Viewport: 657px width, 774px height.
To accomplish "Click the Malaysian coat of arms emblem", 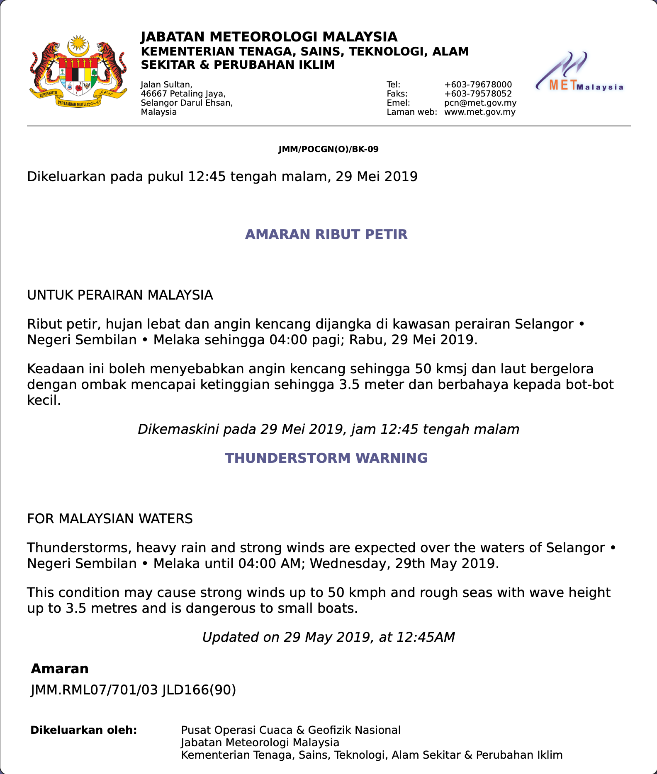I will [78, 72].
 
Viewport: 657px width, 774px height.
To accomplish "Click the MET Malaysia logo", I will [579, 72].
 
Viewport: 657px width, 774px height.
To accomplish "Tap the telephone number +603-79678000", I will [478, 85].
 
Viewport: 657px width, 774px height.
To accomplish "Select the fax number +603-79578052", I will [478, 94].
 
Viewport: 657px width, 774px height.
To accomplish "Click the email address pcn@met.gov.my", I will [480, 103].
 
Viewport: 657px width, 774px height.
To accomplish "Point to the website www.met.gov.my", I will [479, 112].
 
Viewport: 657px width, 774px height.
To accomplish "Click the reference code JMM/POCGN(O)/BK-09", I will [328, 149].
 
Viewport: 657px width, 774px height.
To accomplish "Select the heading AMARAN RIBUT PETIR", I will [326, 235].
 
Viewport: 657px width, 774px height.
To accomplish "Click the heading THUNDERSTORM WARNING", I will [326, 458].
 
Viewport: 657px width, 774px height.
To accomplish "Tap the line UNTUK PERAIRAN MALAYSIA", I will [120, 295].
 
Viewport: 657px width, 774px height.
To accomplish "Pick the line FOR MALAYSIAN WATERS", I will [110, 519].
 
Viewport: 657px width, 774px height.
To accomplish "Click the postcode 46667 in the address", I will [154, 94].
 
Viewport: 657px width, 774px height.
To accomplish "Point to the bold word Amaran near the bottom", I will [60, 669].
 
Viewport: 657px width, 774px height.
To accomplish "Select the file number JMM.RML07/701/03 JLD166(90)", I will [133, 689].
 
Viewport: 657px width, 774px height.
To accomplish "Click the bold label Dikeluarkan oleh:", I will [84, 730].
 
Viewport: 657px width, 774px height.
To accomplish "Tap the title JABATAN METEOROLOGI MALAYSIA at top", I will [269, 37].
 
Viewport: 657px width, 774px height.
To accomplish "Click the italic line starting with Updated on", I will [328, 637].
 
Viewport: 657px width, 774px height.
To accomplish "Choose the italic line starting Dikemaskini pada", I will [328, 429].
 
